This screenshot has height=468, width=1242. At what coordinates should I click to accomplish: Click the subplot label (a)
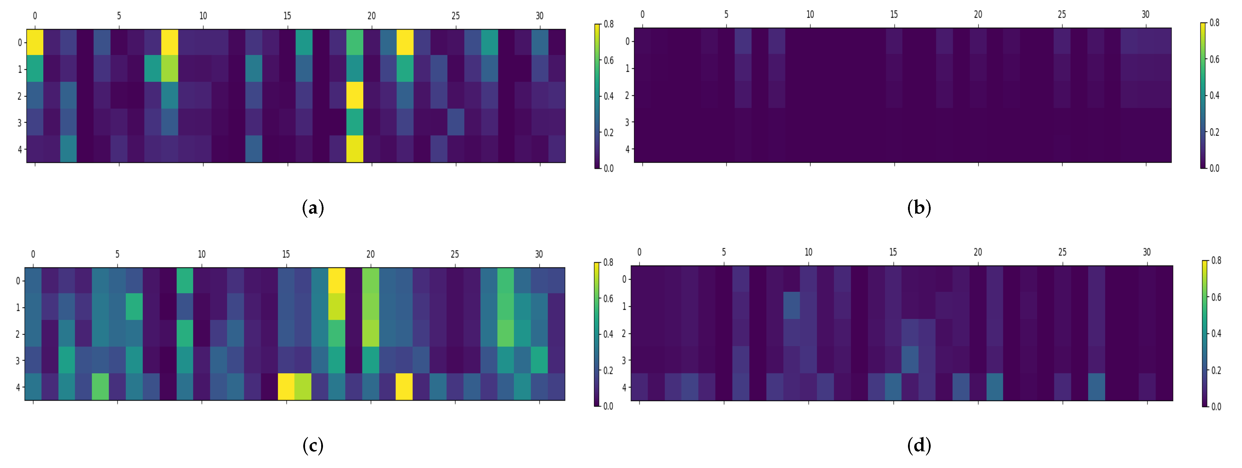point(313,208)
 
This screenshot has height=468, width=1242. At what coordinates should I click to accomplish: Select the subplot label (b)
point(918,208)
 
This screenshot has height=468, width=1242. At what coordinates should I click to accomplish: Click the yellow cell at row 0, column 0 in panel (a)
point(35,42)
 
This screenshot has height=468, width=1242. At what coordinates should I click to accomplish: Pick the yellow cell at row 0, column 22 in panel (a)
point(405,42)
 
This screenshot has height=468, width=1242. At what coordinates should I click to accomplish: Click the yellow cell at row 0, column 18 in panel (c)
point(336,280)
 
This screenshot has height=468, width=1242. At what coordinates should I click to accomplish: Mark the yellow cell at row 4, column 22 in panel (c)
point(404,386)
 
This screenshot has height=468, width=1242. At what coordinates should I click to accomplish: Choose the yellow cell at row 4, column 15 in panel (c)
point(286,386)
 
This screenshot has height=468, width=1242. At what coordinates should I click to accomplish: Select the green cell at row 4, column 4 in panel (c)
point(100,386)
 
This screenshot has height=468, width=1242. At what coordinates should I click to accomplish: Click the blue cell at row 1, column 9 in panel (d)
point(792,305)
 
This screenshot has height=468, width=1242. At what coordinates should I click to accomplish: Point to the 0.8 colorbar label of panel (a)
point(609,24)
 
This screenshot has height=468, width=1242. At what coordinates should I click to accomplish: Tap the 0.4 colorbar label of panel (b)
point(1214,96)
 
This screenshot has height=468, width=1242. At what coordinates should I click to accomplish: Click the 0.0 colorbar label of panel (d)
point(1216,406)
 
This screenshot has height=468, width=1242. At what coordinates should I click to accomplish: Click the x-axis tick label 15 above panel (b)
point(894,14)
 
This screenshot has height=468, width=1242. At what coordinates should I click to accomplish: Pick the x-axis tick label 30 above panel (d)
point(1146,252)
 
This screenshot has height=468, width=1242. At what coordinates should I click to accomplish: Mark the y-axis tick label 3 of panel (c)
point(18,360)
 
